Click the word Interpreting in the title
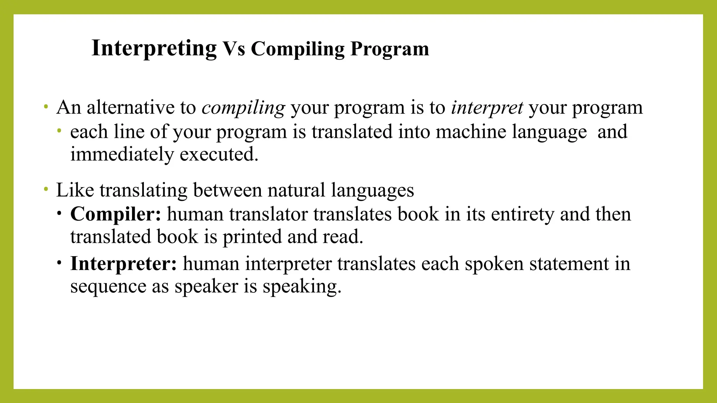click(x=154, y=48)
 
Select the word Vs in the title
click(x=234, y=49)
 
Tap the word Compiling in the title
click(x=298, y=49)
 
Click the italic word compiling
click(x=243, y=107)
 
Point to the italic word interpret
click(x=487, y=107)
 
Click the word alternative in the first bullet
click(x=130, y=107)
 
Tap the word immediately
click(x=122, y=154)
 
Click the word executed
click(x=219, y=154)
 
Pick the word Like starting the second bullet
click(x=75, y=190)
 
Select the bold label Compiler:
click(x=116, y=214)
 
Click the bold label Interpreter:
click(x=124, y=264)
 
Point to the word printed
click(x=252, y=237)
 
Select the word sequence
click(x=108, y=287)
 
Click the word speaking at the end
click(x=302, y=287)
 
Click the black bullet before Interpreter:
click(x=60, y=262)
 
